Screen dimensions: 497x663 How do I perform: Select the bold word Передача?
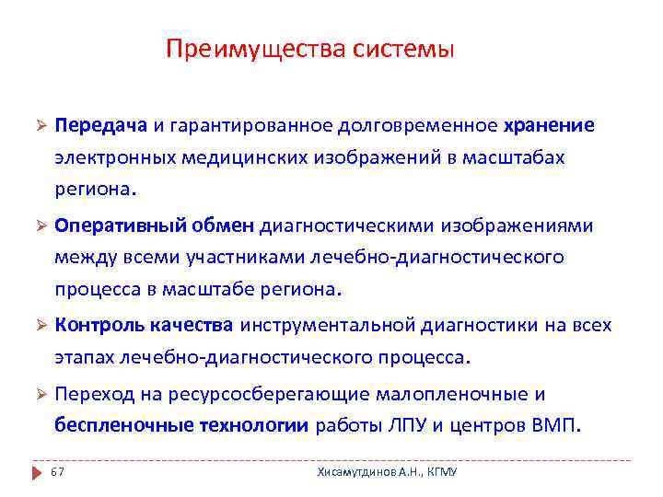pos(101,124)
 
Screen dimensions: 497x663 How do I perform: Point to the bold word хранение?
pos(549,124)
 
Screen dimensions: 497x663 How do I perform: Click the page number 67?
pos(57,472)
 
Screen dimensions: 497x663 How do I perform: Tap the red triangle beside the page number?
pos(36,472)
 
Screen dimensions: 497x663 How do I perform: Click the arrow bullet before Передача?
pos(40,125)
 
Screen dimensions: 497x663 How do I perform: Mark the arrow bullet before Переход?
pos(40,396)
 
